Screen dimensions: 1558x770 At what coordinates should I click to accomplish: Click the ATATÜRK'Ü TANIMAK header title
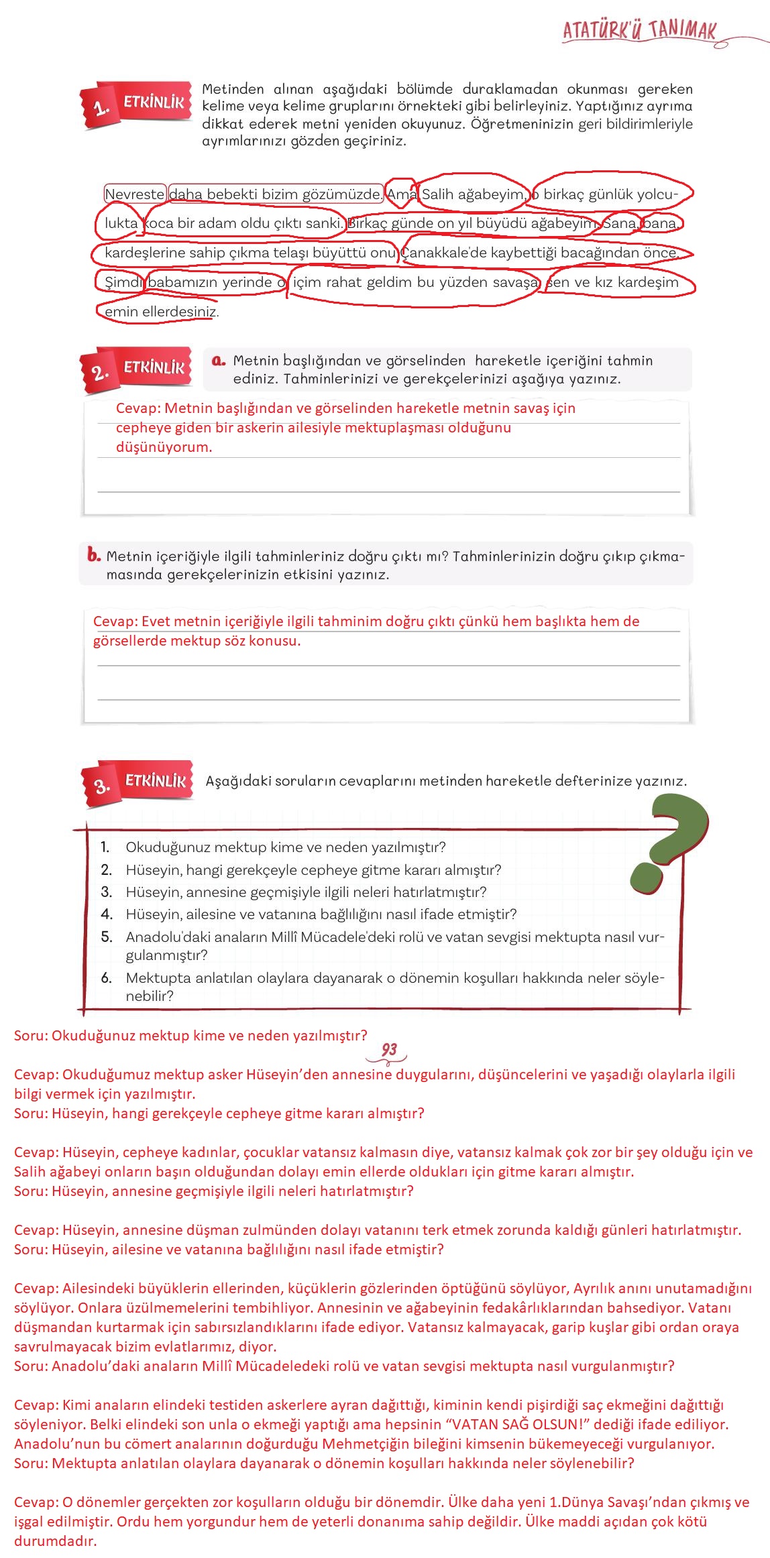click(x=639, y=30)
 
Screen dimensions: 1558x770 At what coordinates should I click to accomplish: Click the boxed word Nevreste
click(x=134, y=194)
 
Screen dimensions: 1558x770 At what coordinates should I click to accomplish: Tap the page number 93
click(x=389, y=1050)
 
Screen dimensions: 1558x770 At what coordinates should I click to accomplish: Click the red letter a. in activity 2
click(x=218, y=361)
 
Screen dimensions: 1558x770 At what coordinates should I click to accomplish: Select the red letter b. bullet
click(x=93, y=555)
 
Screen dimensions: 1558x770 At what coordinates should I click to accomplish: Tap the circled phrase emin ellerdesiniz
click(x=161, y=312)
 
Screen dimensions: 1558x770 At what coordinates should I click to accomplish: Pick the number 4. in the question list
click(x=107, y=914)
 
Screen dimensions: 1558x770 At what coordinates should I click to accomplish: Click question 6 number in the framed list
click(x=106, y=978)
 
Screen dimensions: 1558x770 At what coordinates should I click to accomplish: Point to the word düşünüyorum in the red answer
click(x=164, y=447)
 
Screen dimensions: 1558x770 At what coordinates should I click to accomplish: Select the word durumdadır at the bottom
click(x=55, y=1541)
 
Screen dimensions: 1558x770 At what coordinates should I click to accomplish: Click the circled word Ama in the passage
click(x=402, y=194)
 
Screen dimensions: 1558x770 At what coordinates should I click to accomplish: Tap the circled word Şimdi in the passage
click(x=123, y=282)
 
